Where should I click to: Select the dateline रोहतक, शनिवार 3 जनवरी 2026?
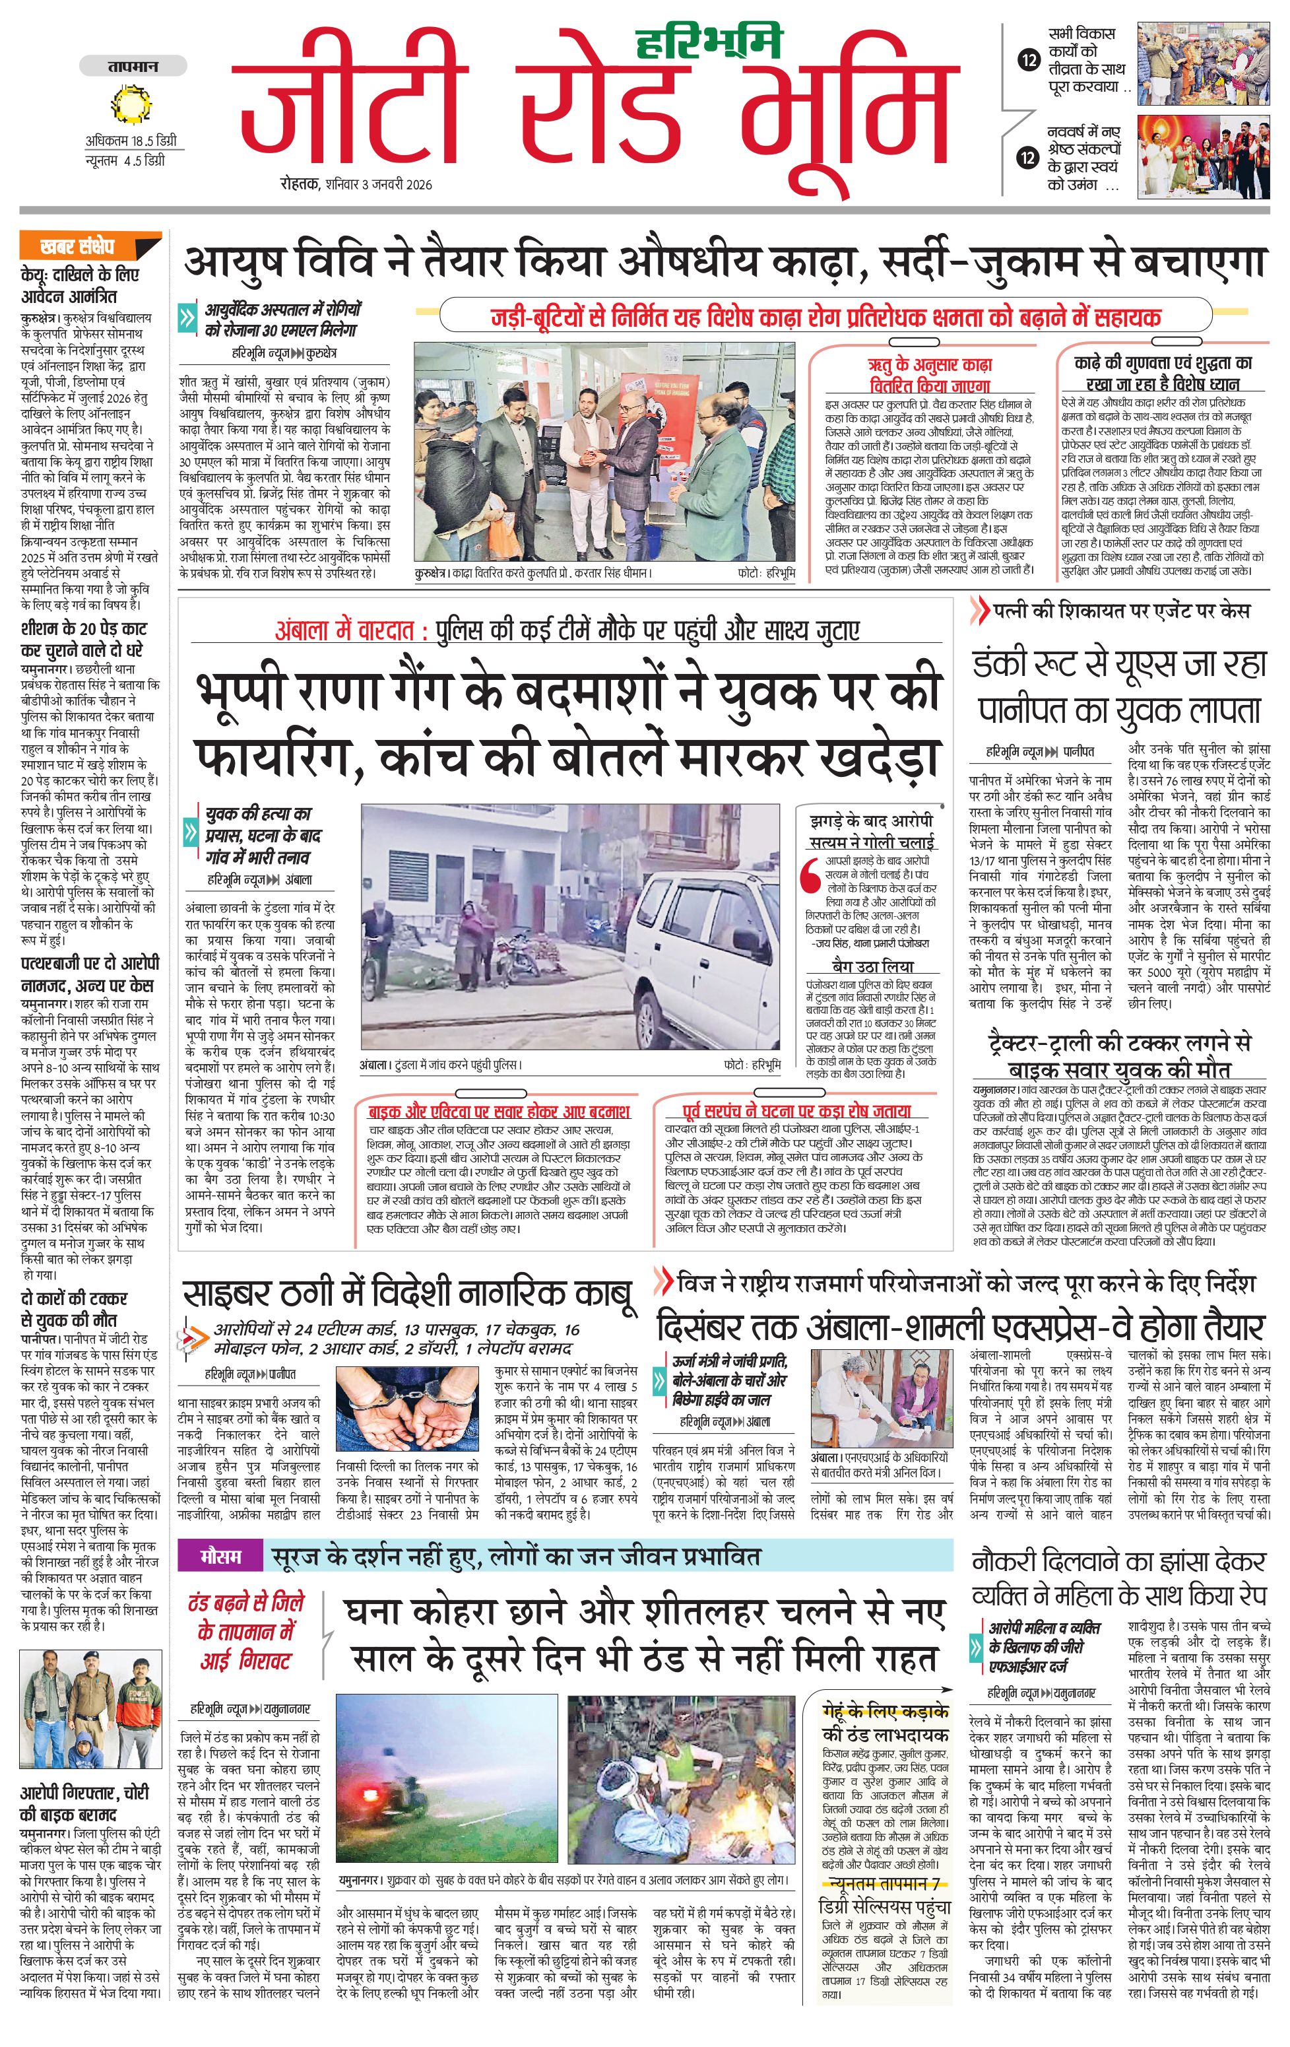[357, 184]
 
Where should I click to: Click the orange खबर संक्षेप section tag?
[78, 246]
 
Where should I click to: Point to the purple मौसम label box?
[220, 1557]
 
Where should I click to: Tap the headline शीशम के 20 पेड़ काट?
[83, 629]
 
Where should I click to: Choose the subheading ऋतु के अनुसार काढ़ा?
[929, 364]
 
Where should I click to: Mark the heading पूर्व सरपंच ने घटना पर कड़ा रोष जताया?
[796, 1111]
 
